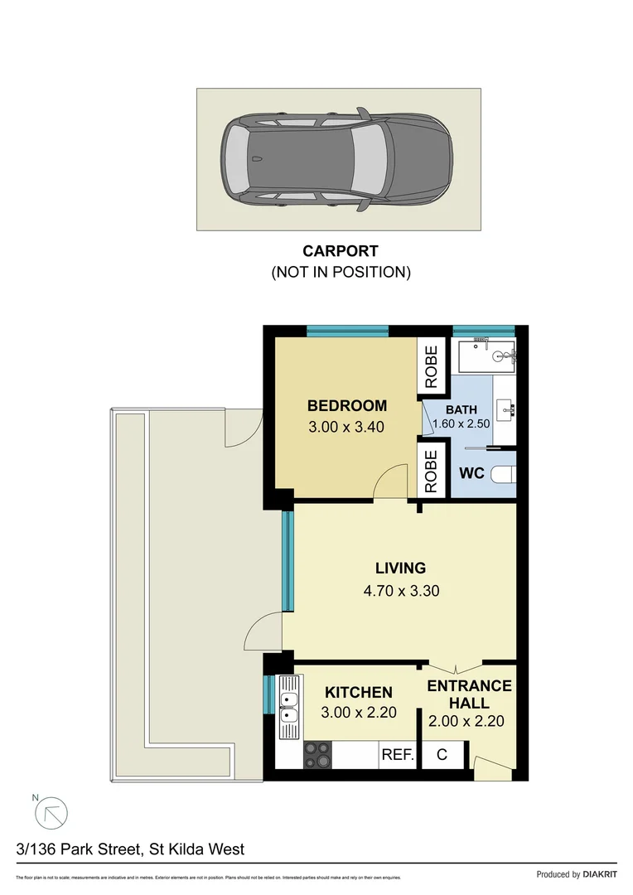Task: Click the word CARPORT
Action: click(x=341, y=251)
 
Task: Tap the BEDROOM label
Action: click(x=346, y=406)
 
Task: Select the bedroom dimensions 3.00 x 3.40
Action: click(x=346, y=427)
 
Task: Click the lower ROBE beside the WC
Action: click(x=431, y=471)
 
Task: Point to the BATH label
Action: click(x=461, y=410)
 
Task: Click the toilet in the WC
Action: click(x=503, y=475)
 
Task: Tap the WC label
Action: click(x=471, y=475)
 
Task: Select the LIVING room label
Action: click(x=400, y=568)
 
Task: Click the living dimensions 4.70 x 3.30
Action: click(x=400, y=591)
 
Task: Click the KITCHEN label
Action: click(x=358, y=692)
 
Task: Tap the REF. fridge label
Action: click(x=397, y=755)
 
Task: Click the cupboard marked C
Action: click(x=442, y=755)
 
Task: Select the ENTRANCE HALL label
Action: click(x=469, y=694)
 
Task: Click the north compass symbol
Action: click(x=51, y=813)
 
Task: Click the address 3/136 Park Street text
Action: click(x=130, y=849)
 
